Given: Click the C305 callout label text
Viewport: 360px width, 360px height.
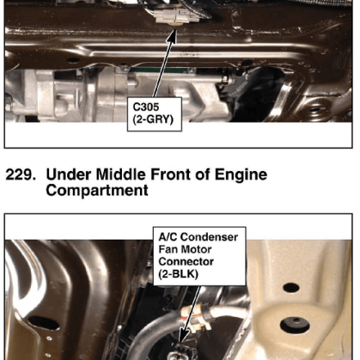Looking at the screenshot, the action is click(x=146, y=107).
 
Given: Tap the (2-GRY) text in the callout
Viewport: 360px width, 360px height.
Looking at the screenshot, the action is click(x=153, y=119).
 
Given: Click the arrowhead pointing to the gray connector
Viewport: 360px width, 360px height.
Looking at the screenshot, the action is click(x=173, y=37).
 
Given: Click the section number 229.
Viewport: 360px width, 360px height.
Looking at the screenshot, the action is click(x=20, y=174).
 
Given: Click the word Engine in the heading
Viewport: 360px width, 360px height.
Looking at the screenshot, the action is click(x=241, y=175).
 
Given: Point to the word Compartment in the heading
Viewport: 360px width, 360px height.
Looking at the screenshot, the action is click(x=97, y=191).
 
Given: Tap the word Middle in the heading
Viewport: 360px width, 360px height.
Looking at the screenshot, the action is click(x=120, y=174).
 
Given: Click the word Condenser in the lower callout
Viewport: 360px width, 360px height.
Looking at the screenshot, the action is click(x=209, y=237).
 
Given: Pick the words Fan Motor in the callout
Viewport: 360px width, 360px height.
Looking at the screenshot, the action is click(x=185, y=250).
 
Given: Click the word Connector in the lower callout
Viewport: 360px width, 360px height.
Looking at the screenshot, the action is click(x=186, y=262).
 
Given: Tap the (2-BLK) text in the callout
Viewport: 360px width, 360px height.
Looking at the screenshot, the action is click(x=178, y=274).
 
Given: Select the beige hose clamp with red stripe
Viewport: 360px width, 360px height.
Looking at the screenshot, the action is click(x=196, y=316).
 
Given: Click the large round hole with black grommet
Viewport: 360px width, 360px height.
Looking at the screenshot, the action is click(x=295, y=325).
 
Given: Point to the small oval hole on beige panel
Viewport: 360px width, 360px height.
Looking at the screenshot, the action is click(x=291, y=287).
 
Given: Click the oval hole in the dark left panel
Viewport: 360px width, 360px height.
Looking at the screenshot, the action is click(x=43, y=323).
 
